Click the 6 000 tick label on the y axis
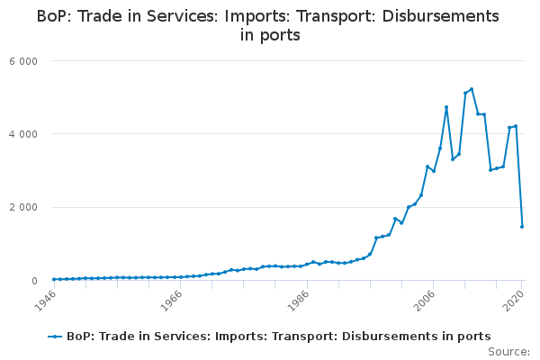[x=23, y=61]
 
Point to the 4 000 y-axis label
[x=23, y=134]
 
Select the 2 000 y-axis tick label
[x=23, y=208]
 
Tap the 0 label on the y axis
[x=34, y=281]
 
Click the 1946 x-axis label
[x=45, y=301]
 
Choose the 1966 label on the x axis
[x=172, y=301]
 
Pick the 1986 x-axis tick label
[x=298, y=301]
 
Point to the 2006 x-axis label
[x=424, y=301]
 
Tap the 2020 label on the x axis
[x=514, y=301]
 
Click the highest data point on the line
[x=472, y=89]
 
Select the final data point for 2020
[x=522, y=227]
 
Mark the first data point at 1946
[x=54, y=279]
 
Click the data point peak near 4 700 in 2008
[x=446, y=107]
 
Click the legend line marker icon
[x=55, y=337]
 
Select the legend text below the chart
[x=279, y=337]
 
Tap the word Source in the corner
[x=508, y=352]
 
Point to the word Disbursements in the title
[x=440, y=16]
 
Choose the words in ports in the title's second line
[x=270, y=35]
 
